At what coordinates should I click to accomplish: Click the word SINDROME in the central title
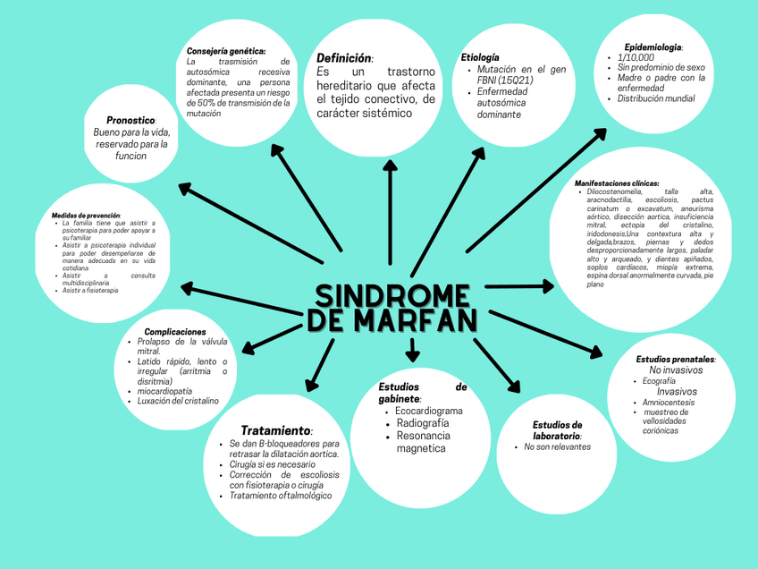392,296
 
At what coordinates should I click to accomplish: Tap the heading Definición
344,58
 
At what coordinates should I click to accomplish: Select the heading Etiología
480,57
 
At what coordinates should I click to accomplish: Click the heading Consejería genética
226,52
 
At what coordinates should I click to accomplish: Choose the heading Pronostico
131,120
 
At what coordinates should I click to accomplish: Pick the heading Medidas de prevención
86,215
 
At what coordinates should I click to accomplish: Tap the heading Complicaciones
181,332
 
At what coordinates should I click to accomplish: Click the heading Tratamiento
276,430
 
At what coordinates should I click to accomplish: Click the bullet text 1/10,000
636,57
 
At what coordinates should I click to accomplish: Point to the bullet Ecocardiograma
429,411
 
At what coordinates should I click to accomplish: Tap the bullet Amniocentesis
668,403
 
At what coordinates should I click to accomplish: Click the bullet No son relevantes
558,446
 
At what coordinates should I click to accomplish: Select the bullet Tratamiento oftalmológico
281,496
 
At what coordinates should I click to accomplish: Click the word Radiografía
423,423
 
